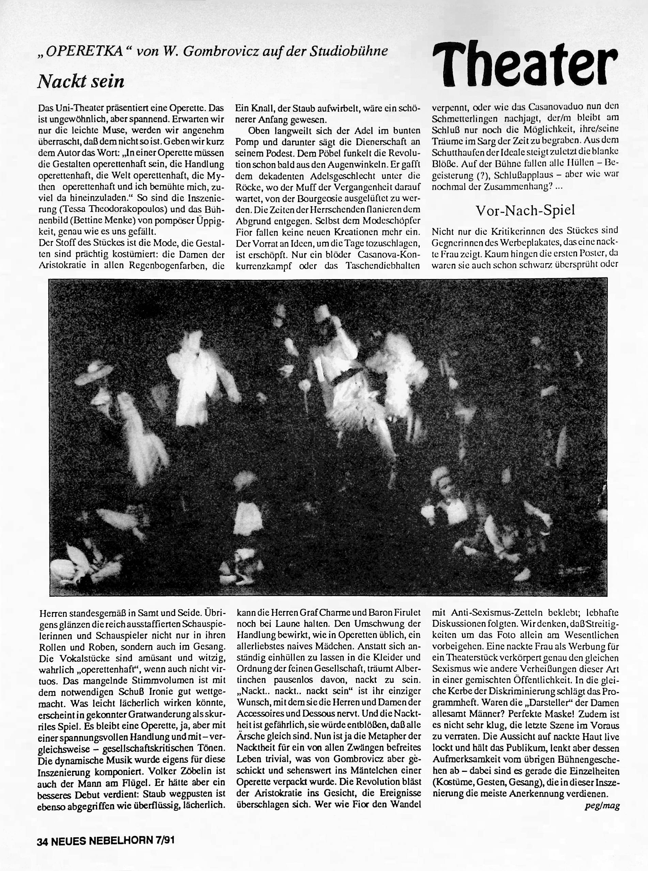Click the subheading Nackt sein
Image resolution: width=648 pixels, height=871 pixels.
click(81, 81)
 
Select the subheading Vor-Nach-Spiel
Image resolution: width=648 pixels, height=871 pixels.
click(525, 210)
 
